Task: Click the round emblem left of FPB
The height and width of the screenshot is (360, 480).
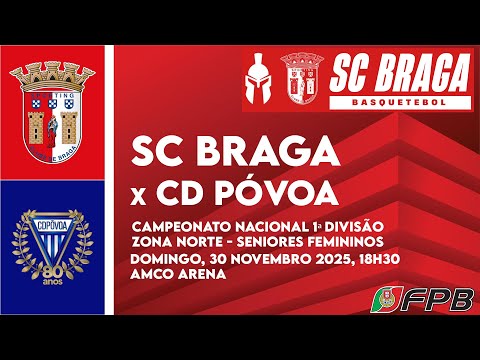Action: point(385,299)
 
